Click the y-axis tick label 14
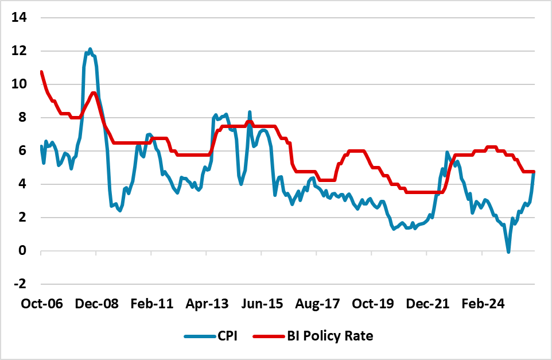[x=20, y=17]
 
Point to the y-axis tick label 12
[x=20, y=51]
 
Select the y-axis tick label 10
[x=20, y=84]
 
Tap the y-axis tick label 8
[x=22, y=117]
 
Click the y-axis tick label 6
[x=22, y=150]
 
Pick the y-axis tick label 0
[x=22, y=251]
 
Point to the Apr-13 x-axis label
[x=207, y=304]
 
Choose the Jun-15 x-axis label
[x=262, y=304]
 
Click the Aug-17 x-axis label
[x=317, y=304]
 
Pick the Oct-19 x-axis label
[x=372, y=304]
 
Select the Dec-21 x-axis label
[x=428, y=304]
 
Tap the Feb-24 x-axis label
[x=483, y=304]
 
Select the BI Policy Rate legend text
[x=329, y=336]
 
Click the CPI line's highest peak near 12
[x=90, y=49]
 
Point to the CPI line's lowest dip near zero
[x=508, y=251]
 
